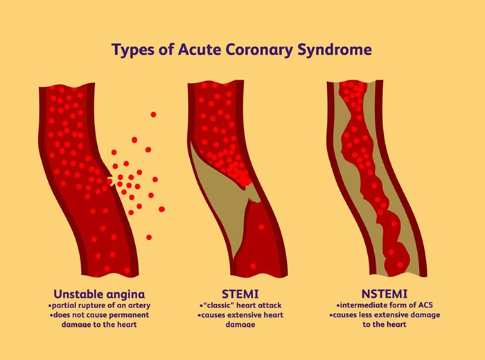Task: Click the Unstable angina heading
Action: tap(99, 294)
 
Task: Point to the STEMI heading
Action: tap(240, 294)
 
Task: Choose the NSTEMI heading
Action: tap(385, 294)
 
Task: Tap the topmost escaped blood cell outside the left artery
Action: tap(153, 115)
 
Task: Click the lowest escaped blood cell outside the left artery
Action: tap(149, 237)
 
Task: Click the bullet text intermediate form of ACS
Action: tap(387, 305)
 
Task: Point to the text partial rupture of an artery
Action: tap(101, 306)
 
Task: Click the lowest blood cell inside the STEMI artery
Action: tap(253, 266)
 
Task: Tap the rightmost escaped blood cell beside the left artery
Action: tap(161, 209)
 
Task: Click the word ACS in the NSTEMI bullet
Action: tap(425, 305)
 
